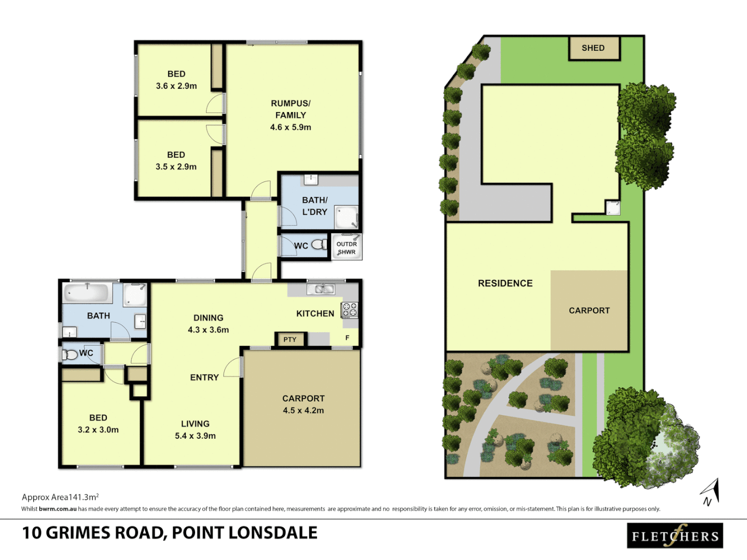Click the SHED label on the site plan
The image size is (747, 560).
tap(593, 48)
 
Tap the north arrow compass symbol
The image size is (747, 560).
tap(710, 492)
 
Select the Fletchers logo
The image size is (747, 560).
tap(674, 536)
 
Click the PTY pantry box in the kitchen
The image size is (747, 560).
tap(290, 340)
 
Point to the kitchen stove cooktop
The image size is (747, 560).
tap(349, 310)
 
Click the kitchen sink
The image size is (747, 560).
tap(321, 289)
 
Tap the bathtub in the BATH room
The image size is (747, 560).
tap(87, 293)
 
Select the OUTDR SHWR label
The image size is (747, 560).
tap(347, 248)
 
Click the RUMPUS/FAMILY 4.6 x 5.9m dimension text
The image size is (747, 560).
tap(290, 127)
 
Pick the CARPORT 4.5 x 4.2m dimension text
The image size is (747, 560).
tap(303, 410)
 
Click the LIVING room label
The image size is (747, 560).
tap(195, 424)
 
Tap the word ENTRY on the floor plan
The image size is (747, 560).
tap(204, 377)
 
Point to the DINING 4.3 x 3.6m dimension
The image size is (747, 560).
tap(208, 330)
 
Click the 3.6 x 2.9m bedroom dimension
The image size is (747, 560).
tap(176, 86)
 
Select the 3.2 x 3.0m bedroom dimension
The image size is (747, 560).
tap(98, 430)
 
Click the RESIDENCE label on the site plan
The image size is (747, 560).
tap(505, 283)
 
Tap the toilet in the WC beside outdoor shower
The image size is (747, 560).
tap(319, 245)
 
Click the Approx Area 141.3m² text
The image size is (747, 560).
tap(60, 497)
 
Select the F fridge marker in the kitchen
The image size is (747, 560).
tap(348, 338)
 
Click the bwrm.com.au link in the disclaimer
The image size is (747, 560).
tap(58, 509)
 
